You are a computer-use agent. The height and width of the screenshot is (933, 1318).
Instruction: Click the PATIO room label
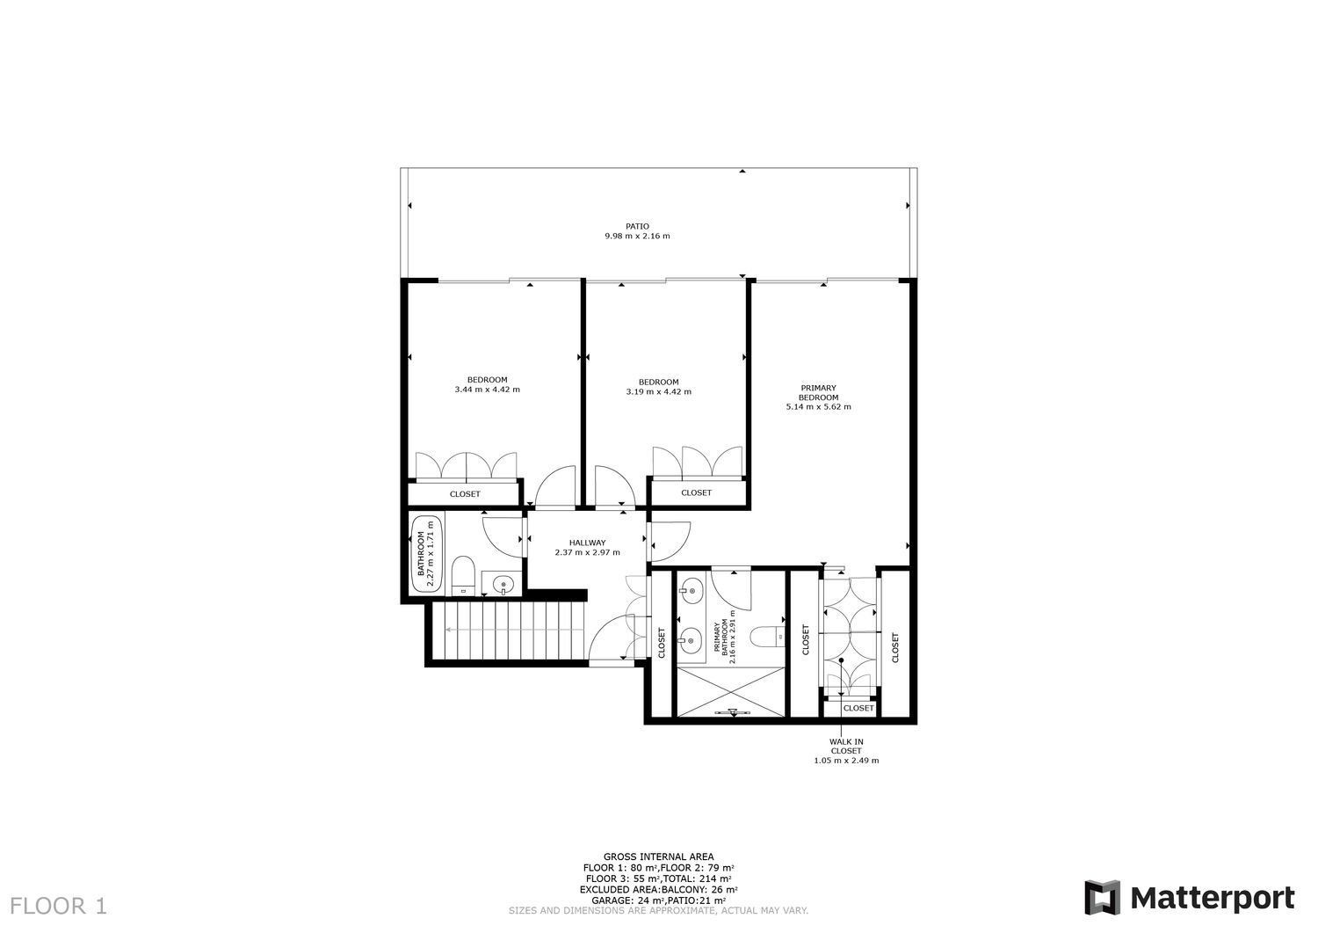click(x=637, y=226)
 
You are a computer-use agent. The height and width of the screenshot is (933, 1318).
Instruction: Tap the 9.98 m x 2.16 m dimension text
click(x=637, y=237)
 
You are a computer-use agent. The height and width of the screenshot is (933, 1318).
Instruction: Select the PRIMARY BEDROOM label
click(x=818, y=393)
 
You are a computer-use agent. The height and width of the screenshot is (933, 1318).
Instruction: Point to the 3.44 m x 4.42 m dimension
click(x=487, y=390)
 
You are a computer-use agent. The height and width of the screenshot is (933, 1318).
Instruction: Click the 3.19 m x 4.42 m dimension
click(x=658, y=391)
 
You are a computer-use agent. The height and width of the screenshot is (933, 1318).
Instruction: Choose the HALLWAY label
click(x=587, y=543)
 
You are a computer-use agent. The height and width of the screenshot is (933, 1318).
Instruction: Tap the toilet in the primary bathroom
click(x=767, y=637)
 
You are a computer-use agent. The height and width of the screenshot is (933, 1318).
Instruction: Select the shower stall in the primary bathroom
click(x=731, y=691)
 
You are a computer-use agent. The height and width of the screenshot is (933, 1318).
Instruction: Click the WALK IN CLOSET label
click(x=846, y=747)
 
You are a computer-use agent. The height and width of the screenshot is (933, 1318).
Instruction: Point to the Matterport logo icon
click(x=1103, y=898)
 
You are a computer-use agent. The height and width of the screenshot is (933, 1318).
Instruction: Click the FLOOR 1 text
click(x=59, y=906)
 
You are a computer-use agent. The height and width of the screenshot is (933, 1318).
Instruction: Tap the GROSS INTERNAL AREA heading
click(x=658, y=857)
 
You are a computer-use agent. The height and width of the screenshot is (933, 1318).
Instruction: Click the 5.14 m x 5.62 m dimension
click(x=818, y=406)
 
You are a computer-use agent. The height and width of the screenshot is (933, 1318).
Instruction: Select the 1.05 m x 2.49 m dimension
click(x=846, y=761)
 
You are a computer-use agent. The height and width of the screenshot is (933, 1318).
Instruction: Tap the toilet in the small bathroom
click(x=463, y=575)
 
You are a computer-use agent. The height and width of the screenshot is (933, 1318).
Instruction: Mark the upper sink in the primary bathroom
click(x=691, y=588)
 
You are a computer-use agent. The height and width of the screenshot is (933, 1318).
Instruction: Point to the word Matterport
click(x=1213, y=899)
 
